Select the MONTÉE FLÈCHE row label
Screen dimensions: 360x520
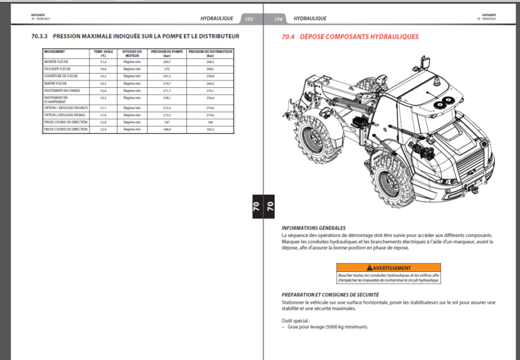[57, 62]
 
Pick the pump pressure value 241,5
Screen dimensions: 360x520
[167, 76]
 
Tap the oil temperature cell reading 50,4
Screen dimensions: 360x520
[104, 69]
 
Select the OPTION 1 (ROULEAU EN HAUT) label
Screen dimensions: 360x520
[66, 108]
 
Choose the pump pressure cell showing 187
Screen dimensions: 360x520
[167, 122]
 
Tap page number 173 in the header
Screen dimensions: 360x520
[248, 19]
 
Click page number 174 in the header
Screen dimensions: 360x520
[278, 19]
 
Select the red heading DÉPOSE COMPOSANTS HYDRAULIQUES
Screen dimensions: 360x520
[359, 37]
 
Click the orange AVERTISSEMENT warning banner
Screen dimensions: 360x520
[388, 268]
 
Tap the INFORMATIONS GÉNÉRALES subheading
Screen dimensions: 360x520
[313, 228]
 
